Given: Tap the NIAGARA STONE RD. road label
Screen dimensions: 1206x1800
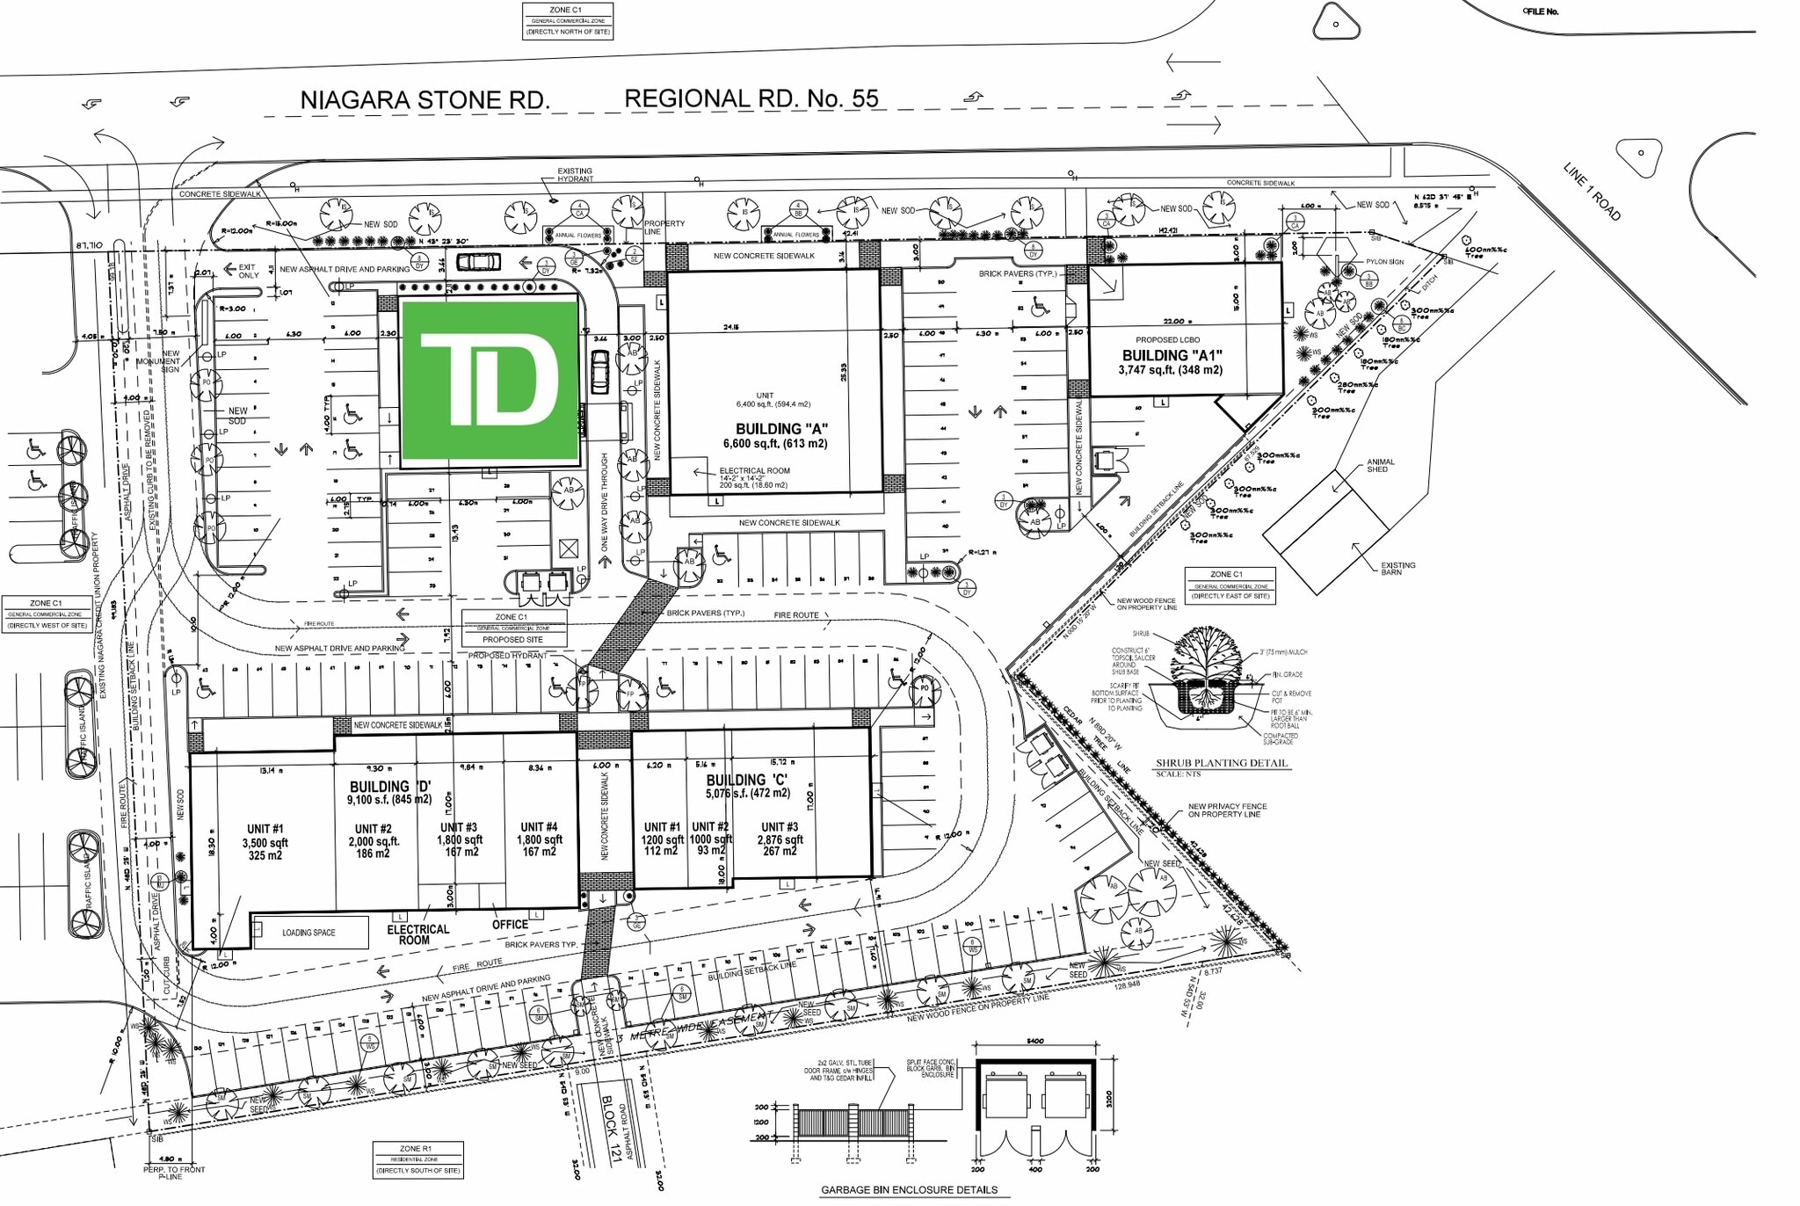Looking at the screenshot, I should [x=425, y=100].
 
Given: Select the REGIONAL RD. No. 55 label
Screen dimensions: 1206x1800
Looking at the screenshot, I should [x=751, y=98].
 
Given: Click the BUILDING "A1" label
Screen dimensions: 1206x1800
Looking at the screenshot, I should [x=1172, y=356].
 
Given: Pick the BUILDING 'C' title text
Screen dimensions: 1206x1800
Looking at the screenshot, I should [x=746, y=780].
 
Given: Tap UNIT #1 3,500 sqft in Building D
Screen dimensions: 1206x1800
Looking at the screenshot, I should [x=265, y=842].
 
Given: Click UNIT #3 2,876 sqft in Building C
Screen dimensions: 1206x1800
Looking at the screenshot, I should [x=780, y=839].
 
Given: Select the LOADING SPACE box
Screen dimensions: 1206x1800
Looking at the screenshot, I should [x=309, y=933].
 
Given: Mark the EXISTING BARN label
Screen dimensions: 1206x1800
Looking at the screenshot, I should [x=1397, y=569].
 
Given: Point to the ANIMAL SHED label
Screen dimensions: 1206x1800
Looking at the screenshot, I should [x=1380, y=465].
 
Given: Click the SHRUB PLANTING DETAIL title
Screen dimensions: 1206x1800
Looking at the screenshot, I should [x=1222, y=763].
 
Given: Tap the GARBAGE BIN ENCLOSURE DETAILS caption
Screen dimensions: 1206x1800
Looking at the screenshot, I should [x=909, y=1190].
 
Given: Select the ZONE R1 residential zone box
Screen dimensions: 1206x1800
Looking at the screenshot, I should [x=417, y=1159].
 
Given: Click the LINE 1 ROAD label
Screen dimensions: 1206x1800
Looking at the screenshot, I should [x=1591, y=192].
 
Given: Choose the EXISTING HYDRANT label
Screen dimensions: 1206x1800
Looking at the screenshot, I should [x=575, y=175].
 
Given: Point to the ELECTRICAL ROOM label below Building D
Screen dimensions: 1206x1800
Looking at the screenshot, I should [x=417, y=934].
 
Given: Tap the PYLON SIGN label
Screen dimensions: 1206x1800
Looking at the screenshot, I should [x=1384, y=262].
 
